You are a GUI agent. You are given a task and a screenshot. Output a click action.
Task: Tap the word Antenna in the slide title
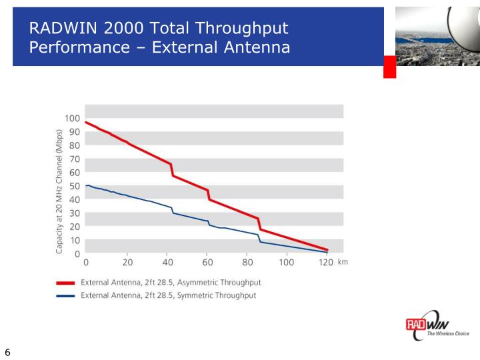click(x=257, y=47)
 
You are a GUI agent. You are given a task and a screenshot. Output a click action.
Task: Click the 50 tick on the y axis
click(x=75, y=186)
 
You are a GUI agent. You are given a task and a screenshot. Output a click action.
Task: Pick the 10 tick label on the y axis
click(x=75, y=240)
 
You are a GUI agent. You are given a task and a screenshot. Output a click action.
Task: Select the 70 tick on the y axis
click(x=75, y=159)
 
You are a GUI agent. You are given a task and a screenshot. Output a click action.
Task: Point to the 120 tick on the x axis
click(x=325, y=263)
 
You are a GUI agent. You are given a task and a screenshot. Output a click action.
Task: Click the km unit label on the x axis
click(x=343, y=262)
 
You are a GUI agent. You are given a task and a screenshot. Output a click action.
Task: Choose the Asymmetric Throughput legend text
click(x=171, y=283)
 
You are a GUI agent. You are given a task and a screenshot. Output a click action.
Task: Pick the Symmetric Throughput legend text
click(x=168, y=295)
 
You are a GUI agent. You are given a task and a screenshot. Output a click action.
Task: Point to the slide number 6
click(x=7, y=352)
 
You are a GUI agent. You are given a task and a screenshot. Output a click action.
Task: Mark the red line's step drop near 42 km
click(x=172, y=169)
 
